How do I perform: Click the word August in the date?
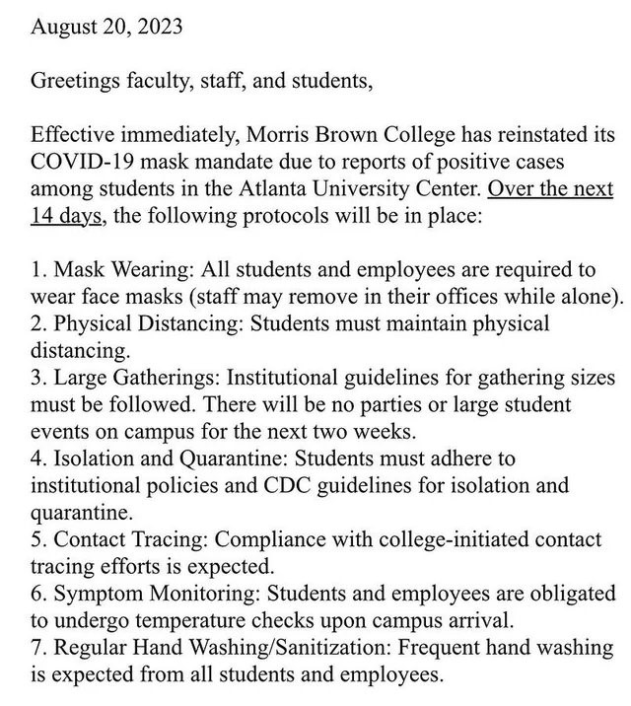63,28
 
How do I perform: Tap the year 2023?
157,28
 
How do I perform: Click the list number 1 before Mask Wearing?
36,269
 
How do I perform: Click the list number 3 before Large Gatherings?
36,377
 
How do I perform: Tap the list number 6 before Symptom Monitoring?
36,593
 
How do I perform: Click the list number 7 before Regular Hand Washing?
36,647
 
